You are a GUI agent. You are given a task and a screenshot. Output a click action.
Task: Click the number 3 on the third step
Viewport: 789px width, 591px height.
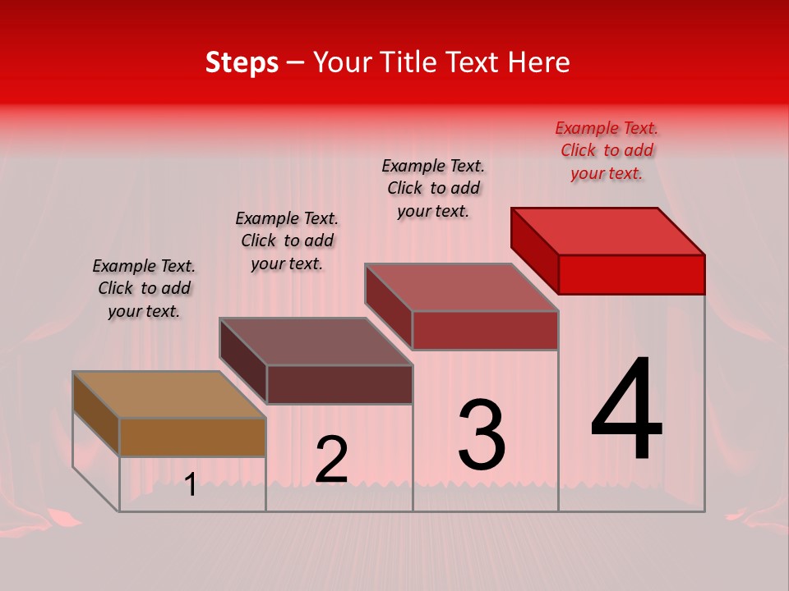tap(482, 434)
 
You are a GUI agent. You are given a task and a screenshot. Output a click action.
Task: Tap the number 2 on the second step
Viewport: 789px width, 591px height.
tap(331, 460)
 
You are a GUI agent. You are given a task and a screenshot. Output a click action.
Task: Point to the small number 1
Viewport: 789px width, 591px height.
tap(190, 485)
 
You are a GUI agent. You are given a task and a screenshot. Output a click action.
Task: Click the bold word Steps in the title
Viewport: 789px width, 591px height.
tap(242, 62)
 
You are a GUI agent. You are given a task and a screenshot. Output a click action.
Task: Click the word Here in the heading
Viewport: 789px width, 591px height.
tap(539, 62)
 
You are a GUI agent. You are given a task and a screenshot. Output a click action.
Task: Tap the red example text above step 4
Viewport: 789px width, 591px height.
tap(607, 150)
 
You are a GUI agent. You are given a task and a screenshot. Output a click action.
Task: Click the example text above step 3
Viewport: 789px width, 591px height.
tap(433, 188)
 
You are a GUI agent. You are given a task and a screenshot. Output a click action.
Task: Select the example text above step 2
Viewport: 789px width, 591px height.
tap(287, 241)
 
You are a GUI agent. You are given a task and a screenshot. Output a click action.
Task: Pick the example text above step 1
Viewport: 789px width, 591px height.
tap(144, 288)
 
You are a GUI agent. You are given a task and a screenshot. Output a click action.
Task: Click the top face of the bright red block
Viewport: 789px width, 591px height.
tap(608, 231)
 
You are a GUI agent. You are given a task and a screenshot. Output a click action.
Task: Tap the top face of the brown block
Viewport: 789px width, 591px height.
tap(168, 395)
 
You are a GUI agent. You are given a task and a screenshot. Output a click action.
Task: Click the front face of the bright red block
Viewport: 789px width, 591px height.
tap(631, 274)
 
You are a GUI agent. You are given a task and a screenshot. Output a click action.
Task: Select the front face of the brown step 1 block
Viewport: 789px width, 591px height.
tap(192, 437)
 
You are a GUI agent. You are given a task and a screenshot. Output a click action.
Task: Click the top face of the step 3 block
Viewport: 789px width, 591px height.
tap(462, 287)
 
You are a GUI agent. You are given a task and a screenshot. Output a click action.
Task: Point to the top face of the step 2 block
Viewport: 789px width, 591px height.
tap(316, 341)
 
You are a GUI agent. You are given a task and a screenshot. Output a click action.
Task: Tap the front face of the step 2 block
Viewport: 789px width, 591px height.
tap(339, 384)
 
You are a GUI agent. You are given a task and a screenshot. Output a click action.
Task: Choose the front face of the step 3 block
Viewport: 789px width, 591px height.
tap(485, 330)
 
